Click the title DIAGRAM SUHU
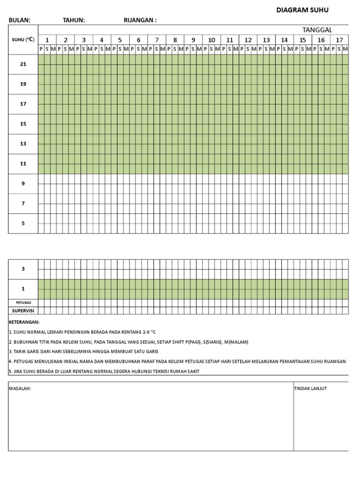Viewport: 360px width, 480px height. point(302,10)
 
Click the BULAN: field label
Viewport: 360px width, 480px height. point(19,20)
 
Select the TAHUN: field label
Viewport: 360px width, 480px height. point(74,20)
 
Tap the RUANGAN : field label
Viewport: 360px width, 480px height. point(140,20)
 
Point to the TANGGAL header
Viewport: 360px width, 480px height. point(317,30)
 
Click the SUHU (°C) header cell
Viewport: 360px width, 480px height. point(23,39)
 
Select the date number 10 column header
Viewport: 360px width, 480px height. point(211,40)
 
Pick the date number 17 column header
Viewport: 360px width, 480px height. point(339,40)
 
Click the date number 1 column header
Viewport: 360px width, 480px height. point(47,40)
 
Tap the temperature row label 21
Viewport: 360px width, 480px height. point(23,64)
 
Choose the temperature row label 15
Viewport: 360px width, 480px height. point(23,124)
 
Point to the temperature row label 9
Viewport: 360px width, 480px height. point(23,184)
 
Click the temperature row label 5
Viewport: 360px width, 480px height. point(23,224)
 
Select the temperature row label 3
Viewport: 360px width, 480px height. point(23,269)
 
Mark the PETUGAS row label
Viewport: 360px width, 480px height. point(23,303)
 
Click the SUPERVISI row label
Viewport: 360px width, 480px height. point(23,310)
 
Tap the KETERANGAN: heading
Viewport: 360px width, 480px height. point(24,322)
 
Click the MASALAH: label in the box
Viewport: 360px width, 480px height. point(20,389)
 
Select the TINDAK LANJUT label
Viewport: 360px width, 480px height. point(310,389)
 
